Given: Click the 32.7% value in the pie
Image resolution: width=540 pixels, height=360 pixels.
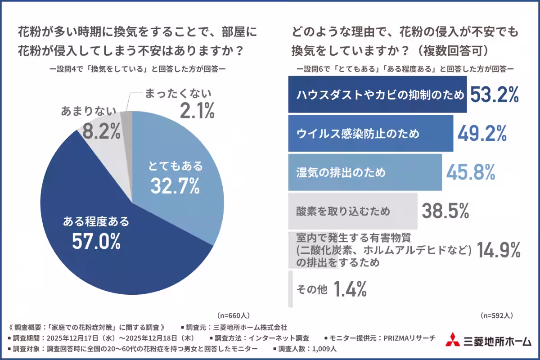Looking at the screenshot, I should pos(175,186).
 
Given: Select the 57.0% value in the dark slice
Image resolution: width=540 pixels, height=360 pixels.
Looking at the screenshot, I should pos(96,241).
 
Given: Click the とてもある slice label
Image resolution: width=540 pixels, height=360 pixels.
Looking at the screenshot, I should pos(175,166).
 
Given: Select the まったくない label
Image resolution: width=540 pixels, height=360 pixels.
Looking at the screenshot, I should pos(178,94).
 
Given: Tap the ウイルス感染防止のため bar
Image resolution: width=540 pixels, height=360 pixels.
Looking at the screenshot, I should pos(370,133).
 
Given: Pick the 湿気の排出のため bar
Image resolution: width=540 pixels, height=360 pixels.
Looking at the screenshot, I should pos(364,172).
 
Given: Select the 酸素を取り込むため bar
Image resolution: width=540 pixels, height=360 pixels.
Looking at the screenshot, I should pos(353,211).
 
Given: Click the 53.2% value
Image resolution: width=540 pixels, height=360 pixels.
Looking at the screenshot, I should pos(495,94).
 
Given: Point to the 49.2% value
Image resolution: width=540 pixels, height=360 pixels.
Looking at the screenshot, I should pos(482,133).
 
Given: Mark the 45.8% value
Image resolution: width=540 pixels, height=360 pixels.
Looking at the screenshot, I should pos(470,172).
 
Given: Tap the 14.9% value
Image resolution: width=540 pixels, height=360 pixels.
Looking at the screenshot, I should pos(498,250).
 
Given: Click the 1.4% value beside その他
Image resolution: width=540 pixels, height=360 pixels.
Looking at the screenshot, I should pos(350,289).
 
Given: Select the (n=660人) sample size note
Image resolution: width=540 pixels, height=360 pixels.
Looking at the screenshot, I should pos(234,315).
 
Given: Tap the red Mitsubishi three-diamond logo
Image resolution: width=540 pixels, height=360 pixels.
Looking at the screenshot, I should pos(452,340).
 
